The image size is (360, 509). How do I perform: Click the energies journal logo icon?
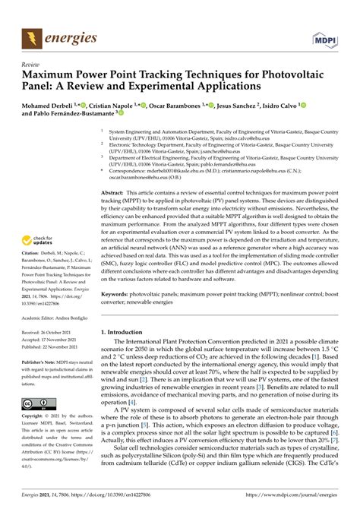[x=32, y=35]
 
